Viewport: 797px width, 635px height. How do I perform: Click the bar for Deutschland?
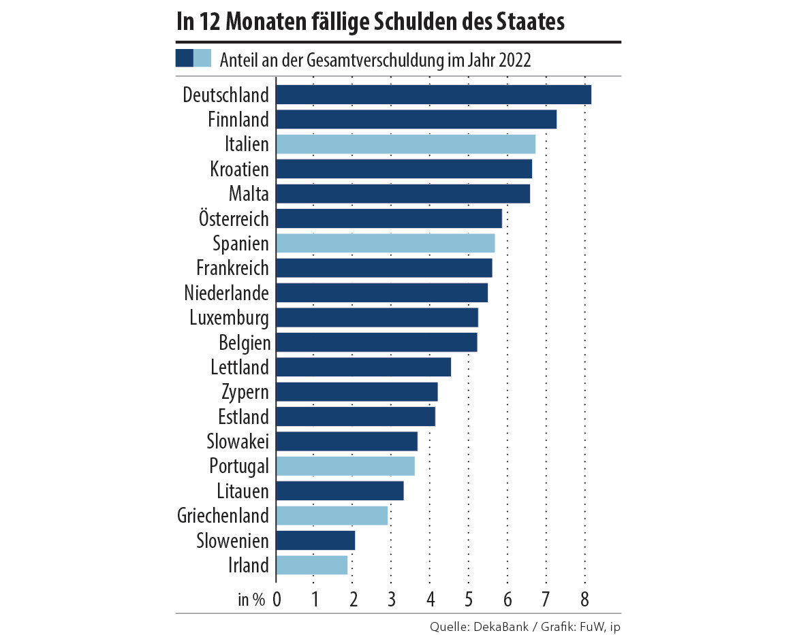click(433, 95)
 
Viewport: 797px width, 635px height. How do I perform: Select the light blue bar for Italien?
click(405, 144)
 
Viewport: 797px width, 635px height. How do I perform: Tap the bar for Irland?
click(311, 565)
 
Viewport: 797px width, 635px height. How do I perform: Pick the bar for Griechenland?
click(332, 515)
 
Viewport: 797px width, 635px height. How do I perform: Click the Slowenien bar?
click(315, 540)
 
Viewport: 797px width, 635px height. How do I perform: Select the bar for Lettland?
click(363, 367)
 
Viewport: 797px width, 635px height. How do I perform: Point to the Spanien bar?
click(385, 243)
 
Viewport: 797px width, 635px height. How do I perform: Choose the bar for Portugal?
click(345, 466)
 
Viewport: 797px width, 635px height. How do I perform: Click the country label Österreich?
click(234, 218)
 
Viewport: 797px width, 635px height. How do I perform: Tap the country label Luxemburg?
click(229, 318)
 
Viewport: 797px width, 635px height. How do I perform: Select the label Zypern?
click(245, 392)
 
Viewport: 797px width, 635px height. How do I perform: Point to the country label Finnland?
click(238, 120)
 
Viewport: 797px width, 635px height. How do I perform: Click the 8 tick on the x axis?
click(584, 600)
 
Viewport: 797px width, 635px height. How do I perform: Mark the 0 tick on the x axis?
click(277, 600)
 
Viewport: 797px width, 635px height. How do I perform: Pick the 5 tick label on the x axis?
click(469, 600)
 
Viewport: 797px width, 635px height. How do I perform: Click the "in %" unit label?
click(251, 600)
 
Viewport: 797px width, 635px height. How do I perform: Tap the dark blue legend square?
click(184, 59)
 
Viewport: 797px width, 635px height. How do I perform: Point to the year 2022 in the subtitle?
click(514, 59)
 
